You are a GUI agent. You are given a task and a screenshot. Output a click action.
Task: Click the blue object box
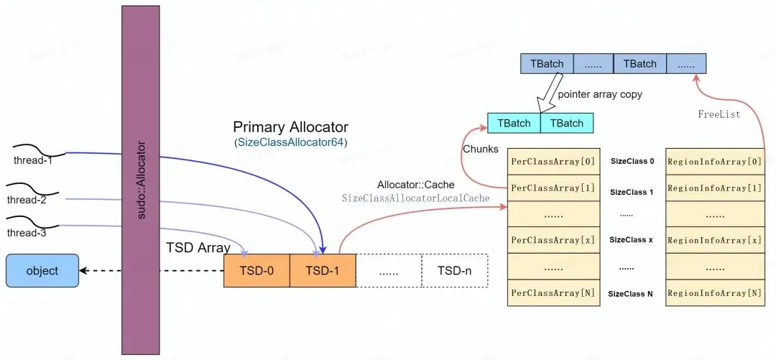[42, 271]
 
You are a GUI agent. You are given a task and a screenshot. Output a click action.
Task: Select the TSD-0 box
[257, 271]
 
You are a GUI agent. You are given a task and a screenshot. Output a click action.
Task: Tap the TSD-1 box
[323, 271]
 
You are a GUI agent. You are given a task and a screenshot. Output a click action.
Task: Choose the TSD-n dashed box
[454, 271]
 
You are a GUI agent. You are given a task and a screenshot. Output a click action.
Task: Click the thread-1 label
[33, 160]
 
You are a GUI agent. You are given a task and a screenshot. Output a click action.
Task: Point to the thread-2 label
[26, 199]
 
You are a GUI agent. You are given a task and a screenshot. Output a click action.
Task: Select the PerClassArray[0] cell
[553, 161]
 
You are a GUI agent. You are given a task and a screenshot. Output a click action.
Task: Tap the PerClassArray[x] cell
[553, 240]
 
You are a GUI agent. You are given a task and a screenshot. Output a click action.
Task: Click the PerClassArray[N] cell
[553, 293]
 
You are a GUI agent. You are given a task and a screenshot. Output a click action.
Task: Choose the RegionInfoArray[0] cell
[714, 161]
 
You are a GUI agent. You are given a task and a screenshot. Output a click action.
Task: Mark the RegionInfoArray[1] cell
[714, 188]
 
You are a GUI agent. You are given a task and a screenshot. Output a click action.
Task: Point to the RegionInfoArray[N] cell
[714, 293]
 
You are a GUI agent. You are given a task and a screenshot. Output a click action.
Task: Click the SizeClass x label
[630, 240]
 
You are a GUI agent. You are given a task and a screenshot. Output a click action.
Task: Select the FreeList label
[718, 114]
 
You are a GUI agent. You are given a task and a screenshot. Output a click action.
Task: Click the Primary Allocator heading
[290, 127]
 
